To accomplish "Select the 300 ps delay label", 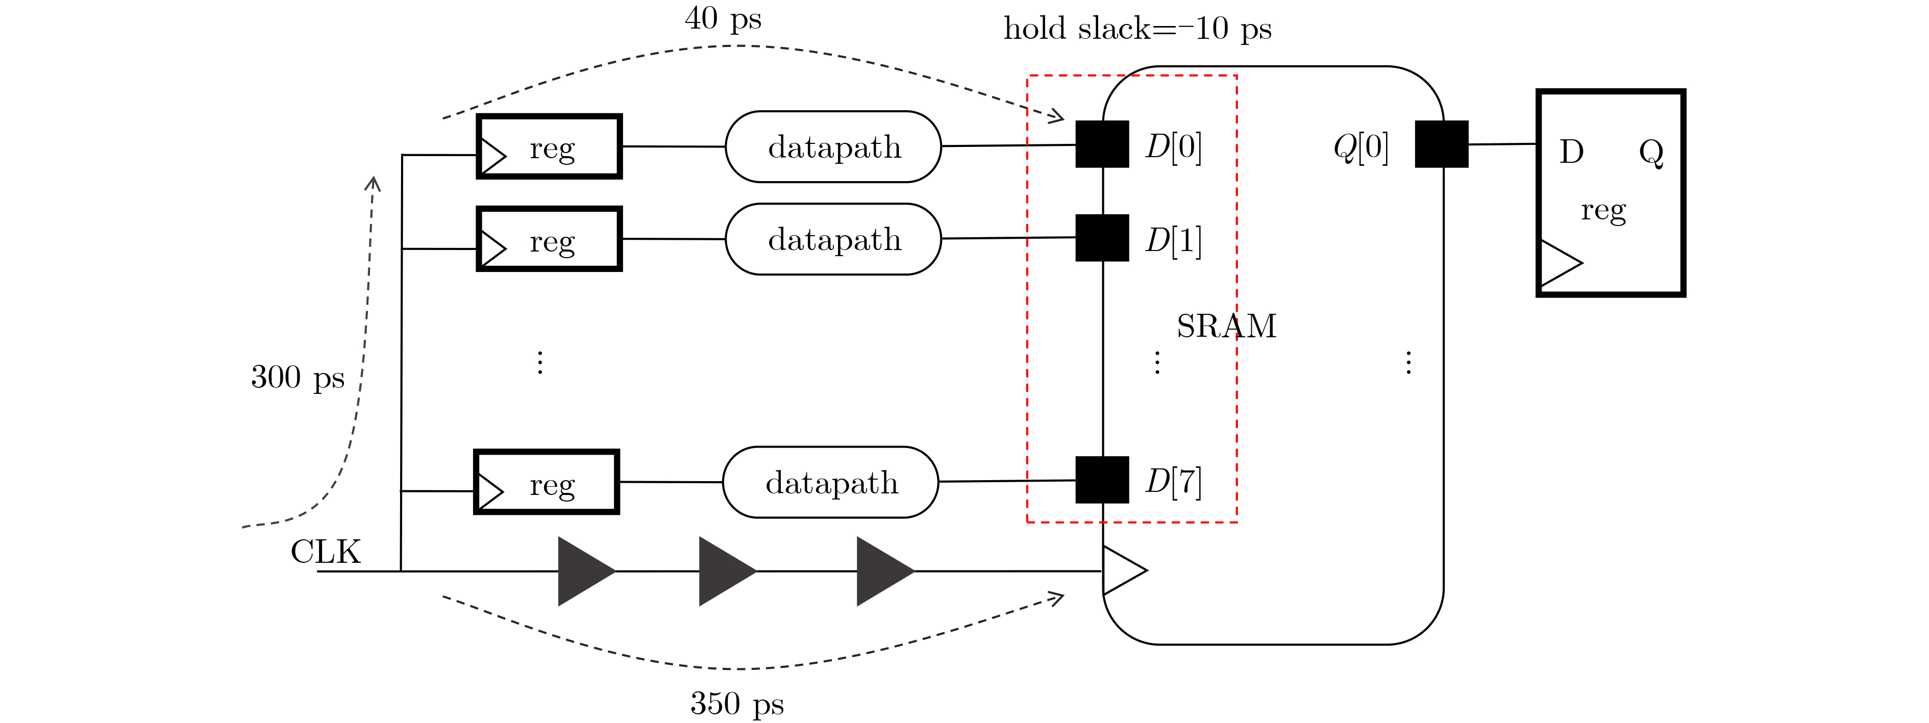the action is [x=298, y=377].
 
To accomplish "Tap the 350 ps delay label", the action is [x=737, y=704].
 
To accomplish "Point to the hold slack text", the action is [x=1137, y=29].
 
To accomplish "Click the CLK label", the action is [x=326, y=553].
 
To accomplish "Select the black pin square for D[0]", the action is [x=1102, y=144].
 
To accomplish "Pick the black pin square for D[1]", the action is [x=1102, y=238].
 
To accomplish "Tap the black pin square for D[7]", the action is [x=1102, y=480].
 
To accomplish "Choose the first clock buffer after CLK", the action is [x=586, y=571].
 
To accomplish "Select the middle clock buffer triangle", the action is [x=727, y=571].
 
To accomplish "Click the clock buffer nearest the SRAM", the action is [x=885, y=571].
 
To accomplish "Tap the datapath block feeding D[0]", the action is [x=833, y=147].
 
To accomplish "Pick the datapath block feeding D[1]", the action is [x=833, y=239].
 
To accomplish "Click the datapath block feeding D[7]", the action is [x=830, y=483].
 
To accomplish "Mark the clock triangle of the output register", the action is [x=1561, y=263].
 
